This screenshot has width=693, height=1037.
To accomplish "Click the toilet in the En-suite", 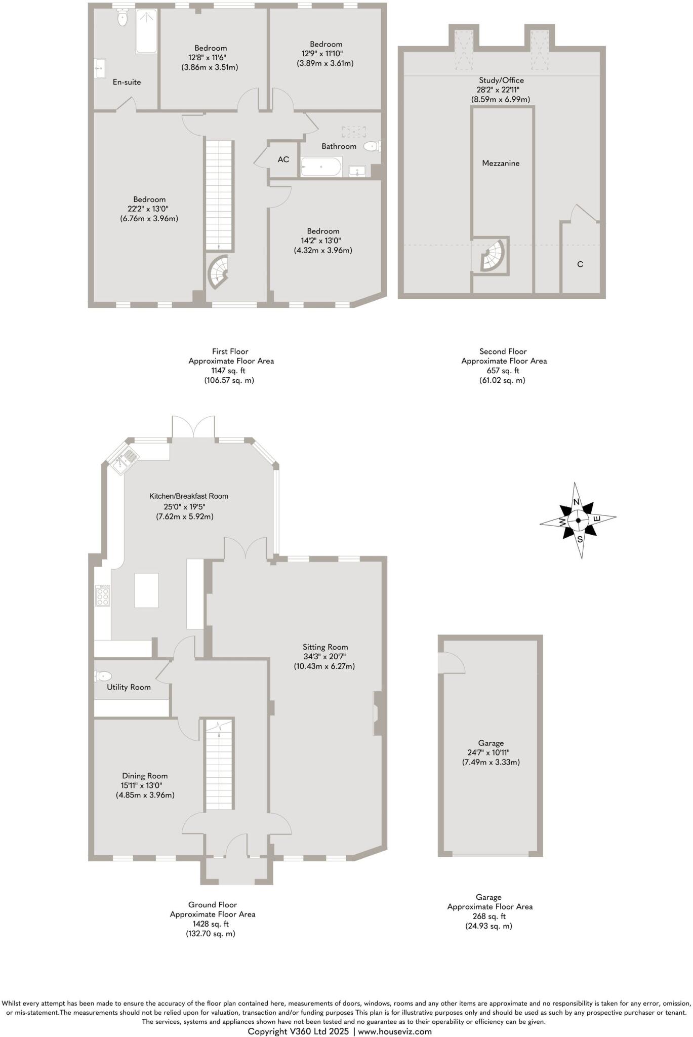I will point(123,19).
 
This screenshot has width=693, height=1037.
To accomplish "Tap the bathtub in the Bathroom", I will point(321,167).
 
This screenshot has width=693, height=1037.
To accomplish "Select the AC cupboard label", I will point(283,159).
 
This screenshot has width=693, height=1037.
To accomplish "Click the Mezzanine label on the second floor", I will point(501,163).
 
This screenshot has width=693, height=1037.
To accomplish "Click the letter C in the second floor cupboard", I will point(580,264).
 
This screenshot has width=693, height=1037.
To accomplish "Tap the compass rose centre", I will point(578,520).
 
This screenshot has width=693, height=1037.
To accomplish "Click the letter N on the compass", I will point(576,502).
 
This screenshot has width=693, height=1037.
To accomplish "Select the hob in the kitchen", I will point(103,595).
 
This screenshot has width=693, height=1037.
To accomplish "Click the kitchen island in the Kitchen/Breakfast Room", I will point(146,590).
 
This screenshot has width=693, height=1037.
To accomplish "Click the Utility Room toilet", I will point(103,676).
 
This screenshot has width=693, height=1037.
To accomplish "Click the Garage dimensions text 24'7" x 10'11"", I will point(491,752).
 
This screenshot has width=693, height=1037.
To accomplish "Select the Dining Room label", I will point(145,776).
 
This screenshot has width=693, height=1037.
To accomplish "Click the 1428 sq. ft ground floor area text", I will point(212,924).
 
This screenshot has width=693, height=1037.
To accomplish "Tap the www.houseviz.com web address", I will point(395,1031).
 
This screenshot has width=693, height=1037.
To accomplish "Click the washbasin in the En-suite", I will point(100,68).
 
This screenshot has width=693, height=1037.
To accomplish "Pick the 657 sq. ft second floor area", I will point(503,371).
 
